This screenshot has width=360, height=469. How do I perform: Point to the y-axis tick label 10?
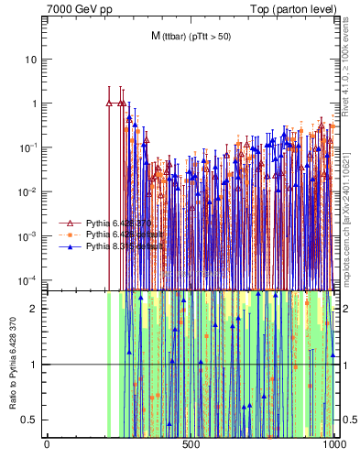31,60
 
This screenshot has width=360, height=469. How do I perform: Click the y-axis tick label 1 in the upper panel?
34,104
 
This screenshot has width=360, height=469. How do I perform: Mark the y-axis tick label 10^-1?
28,147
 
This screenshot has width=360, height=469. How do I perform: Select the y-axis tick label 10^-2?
28,191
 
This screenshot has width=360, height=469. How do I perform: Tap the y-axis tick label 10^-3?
28,235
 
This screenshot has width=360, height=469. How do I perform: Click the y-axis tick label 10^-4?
28,279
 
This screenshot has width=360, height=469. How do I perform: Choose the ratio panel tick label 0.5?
30,420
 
